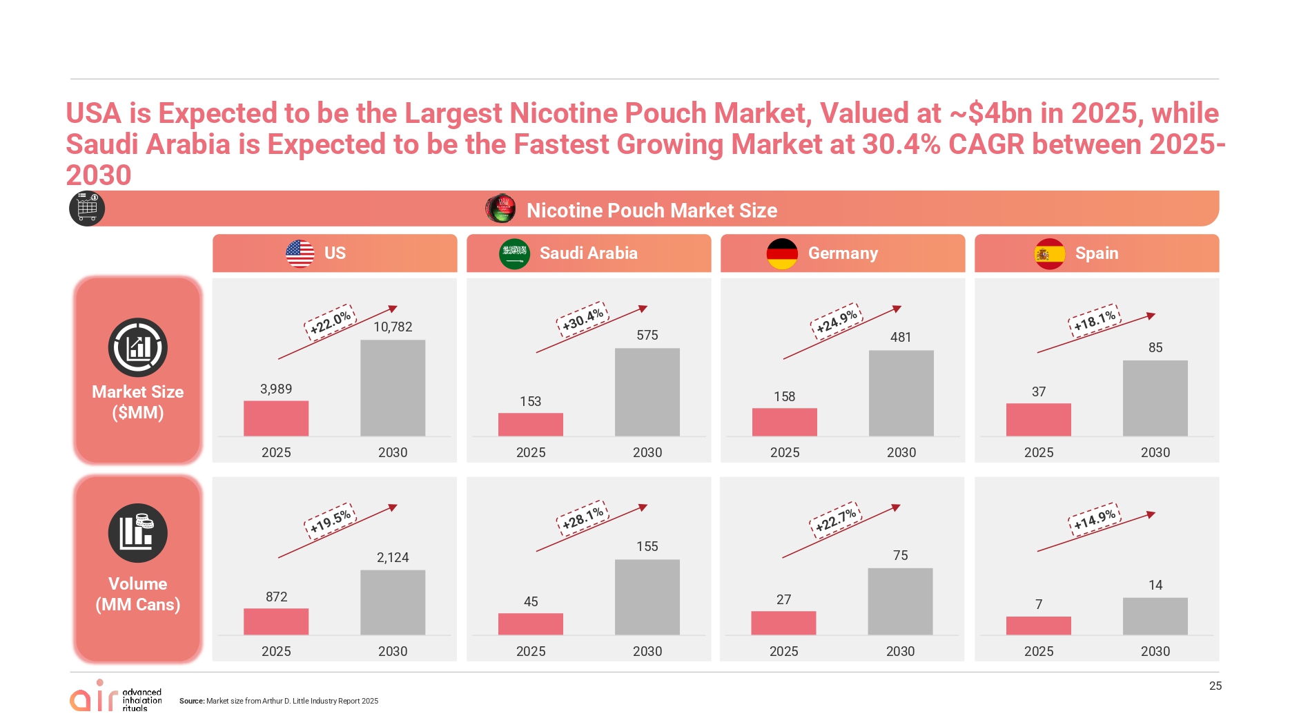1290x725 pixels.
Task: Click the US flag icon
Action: [x=300, y=253]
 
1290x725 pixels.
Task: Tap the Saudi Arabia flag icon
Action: [x=514, y=253]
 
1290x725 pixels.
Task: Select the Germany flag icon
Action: [x=782, y=253]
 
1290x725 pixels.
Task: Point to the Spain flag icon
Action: [x=1049, y=253]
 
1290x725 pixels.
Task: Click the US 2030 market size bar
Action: [x=393, y=387]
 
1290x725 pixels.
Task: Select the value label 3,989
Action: [x=276, y=389]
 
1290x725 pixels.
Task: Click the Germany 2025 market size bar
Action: [x=784, y=422]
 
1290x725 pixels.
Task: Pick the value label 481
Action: [x=901, y=337]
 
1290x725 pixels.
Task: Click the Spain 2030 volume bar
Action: [x=1155, y=616]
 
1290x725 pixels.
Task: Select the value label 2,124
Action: [x=393, y=557]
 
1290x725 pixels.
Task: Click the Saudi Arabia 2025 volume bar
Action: [x=530, y=623]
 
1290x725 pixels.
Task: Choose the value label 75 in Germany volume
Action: [x=900, y=555]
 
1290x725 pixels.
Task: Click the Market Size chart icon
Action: [x=138, y=347]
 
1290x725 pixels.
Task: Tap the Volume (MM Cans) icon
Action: [x=138, y=532]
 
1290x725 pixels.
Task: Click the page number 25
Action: [x=1215, y=686]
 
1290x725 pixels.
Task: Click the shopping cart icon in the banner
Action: [x=87, y=208]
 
